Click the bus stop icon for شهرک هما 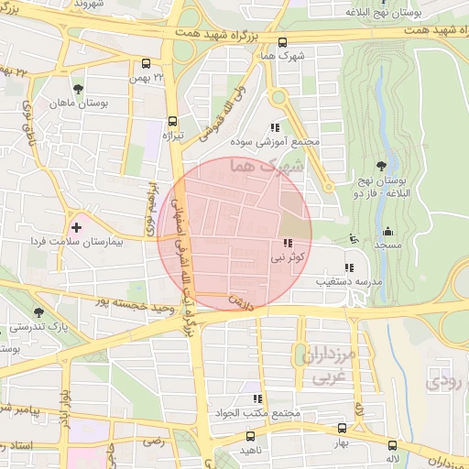point(281,42)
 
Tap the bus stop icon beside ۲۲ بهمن point(147,64)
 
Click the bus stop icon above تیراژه point(172,121)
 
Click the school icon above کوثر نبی point(288,244)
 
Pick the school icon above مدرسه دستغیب point(347,267)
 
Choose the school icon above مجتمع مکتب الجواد point(257,398)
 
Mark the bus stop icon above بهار point(342,428)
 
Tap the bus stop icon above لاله point(391,441)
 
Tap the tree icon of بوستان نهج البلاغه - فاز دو point(381,166)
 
